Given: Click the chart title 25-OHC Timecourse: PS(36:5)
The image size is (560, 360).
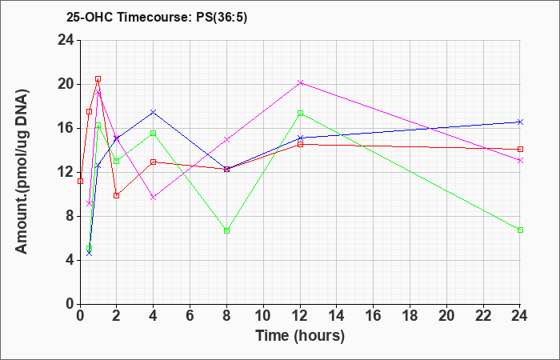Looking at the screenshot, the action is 157,17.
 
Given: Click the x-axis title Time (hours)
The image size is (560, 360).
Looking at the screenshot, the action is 300,336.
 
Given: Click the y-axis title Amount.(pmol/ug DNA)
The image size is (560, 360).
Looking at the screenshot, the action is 22,172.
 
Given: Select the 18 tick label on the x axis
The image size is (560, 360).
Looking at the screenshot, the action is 410,316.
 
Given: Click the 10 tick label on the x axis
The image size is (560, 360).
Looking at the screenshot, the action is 263,316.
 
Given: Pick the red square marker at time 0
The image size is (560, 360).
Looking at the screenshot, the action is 80,181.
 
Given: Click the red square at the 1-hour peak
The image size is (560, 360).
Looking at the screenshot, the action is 98,78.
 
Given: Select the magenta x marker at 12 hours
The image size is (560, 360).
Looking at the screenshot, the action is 300,83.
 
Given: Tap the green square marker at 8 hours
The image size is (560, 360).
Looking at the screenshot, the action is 226,230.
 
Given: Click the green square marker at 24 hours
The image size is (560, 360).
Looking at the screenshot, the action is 520,230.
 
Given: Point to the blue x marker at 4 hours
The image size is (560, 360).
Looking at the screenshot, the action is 154,112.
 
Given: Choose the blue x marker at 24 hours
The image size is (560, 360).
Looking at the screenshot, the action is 520,122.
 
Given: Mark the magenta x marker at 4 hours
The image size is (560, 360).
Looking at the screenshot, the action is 154,197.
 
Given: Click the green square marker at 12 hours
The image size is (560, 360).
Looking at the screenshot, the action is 300,114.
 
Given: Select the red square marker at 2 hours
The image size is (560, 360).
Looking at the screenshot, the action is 117,195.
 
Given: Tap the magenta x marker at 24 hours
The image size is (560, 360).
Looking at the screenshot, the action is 520,160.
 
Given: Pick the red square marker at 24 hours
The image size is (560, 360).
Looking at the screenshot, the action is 520,149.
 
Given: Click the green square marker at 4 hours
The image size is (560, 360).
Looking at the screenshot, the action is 154,134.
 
